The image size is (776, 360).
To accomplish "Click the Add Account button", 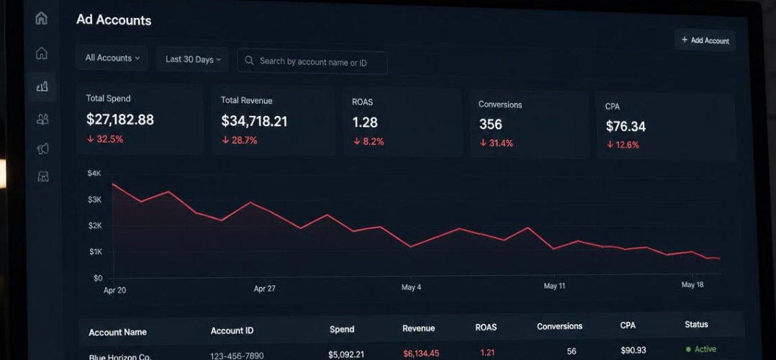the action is [x=705, y=40].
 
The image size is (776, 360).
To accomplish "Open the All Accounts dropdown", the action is [x=112, y=58].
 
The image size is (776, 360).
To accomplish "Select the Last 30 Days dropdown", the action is [x=192, y=60].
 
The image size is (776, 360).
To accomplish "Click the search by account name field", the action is [x=312, y=62].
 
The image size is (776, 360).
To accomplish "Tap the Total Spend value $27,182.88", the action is [x=119, y=120].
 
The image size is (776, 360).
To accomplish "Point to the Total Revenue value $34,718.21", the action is [x=254, y=122].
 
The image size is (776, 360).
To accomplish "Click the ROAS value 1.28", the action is [x=365, y=122].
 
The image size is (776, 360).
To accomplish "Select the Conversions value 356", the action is [x=490, y=125].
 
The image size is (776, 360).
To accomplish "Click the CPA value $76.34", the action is [x=626, y=127].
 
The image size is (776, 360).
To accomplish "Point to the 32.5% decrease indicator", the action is [x=105, y=139].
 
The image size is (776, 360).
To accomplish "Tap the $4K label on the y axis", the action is [x=94, y=174].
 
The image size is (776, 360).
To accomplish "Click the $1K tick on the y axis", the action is [x=96, y=252].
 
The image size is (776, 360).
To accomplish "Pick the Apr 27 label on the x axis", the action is [x=265, y=289].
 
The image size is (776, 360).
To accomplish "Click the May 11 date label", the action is [x=554, y=287].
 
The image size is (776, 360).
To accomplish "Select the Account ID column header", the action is [x=232, y=330].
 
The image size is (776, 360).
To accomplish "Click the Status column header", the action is [x=696, y=324].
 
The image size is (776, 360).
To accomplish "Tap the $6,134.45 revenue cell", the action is [x=420, y=353].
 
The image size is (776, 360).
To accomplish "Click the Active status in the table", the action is [x=701, y=349].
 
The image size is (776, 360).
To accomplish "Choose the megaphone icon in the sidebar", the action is [x=42, y=148].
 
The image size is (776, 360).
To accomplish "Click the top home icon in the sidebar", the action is [x=42, y=18].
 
